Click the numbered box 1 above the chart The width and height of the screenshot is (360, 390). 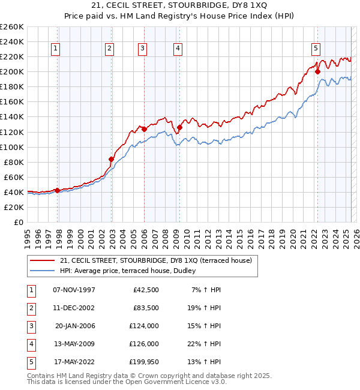click(x=55, y=49)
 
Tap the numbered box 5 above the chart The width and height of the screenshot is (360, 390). click(x=316, y=49)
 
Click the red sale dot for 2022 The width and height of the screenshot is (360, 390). click(x=317, y=72)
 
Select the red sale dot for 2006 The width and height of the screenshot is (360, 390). click(x=144, y=129)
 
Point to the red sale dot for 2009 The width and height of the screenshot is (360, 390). click(x=179, y=127)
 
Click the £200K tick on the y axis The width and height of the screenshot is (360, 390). click(x=12, y=71)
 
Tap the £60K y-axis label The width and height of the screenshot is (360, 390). click(x=14, y=177)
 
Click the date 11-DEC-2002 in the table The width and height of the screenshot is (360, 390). click(x=74, y=308)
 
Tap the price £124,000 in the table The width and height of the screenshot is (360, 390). click(x=144, y=326)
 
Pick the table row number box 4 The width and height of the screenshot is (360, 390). click(x=31, y=344)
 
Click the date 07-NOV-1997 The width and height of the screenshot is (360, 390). click(x=74, y=290)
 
